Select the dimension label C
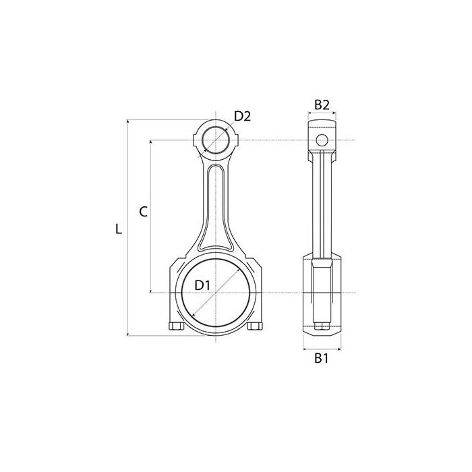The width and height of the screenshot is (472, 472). [143, 212]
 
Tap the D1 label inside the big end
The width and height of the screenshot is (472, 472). [202, 285]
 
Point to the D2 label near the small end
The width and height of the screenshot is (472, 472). [242, 116]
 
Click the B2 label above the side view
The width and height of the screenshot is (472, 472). [322, 105]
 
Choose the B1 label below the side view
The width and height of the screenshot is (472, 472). [321, 358]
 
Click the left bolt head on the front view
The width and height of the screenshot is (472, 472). [177, 326]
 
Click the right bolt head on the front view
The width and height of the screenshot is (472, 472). [255, 326]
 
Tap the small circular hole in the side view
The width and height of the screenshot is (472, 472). [322, 140]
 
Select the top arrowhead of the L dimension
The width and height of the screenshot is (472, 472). [128, 121]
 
